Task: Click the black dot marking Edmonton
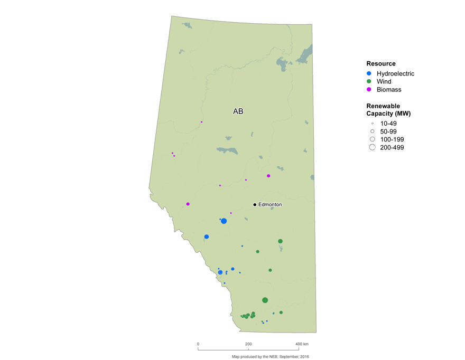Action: click(x=254, y=205)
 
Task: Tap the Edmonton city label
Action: click(x=270, y=205)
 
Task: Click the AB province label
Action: click(x=238, y=112)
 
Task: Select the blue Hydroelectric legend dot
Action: click(x=370, y=74)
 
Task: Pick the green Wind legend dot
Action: click(x=370, y=82)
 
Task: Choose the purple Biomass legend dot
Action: click(x=370, y=90)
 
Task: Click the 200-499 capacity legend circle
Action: click(x=372, y=147)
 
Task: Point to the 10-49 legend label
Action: click(x=388, y=124)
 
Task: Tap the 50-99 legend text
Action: click(x=388, y=131)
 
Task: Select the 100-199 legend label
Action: click(x=392, y=139)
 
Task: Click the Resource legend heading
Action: click(x=381, y=64)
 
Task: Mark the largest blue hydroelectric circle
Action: click(x=224, y=221)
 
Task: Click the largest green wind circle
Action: click(x=265, y=300)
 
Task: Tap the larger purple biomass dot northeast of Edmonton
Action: click(x=268, y=176)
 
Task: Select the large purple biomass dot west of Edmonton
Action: click(x=188, y=204)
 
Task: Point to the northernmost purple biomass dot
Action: click(x=201, y=122)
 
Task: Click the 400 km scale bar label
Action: click(x=302, y=344)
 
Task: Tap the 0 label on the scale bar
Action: click(x=198, y=344)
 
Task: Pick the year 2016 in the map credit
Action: click(x=303, y=357)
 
